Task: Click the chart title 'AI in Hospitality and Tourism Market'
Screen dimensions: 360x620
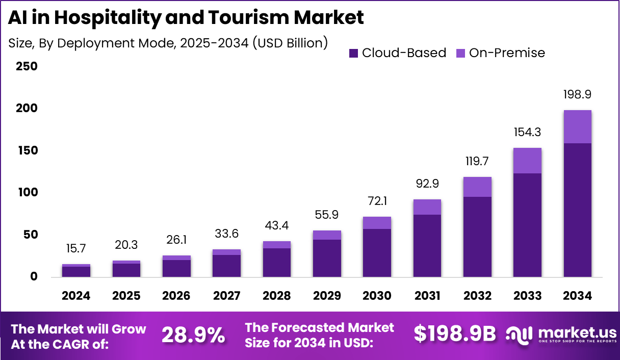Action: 186,18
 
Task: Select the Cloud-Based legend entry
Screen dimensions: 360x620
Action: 398,53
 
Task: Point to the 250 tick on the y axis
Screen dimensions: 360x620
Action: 27,66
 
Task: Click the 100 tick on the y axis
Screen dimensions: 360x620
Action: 27,192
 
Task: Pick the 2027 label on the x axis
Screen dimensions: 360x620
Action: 226,296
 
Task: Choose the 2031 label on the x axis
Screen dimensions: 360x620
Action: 427,296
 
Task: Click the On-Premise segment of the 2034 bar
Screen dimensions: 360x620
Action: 577,126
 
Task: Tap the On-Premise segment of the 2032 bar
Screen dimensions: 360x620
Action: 477,187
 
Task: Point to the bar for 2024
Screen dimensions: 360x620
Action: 76,271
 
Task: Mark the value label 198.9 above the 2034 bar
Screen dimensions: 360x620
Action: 577,94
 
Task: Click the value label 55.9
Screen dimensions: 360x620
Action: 327,215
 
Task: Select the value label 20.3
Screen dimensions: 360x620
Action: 126,245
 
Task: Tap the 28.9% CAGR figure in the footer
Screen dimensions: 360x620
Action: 193,335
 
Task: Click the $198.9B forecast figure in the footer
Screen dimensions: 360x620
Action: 455,334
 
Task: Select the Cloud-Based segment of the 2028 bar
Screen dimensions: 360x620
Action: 276,263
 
